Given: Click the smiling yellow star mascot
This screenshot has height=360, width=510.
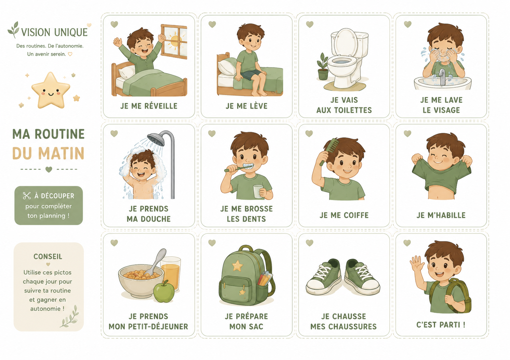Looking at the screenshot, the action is (x=51, y=91).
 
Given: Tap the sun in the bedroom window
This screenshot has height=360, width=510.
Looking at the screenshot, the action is (x=175, y=41).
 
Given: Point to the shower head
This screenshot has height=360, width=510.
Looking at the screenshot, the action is (x=156, y=139).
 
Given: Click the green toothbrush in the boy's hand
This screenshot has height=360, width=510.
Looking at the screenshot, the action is (x=238, y=168).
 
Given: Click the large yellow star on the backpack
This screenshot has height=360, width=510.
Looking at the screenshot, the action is (x=238, y=266).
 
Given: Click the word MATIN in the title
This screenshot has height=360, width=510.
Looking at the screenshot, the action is (x=61, y=153).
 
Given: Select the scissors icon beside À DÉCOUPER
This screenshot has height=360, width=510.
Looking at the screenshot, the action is (x=27, y=196).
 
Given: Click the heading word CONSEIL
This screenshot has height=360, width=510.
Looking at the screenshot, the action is (x=48, y=257).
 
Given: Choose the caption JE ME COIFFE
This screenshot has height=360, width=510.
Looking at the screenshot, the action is (x=344, y=215).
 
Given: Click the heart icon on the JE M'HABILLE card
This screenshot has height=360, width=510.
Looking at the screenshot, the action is (x=407, y=134).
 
